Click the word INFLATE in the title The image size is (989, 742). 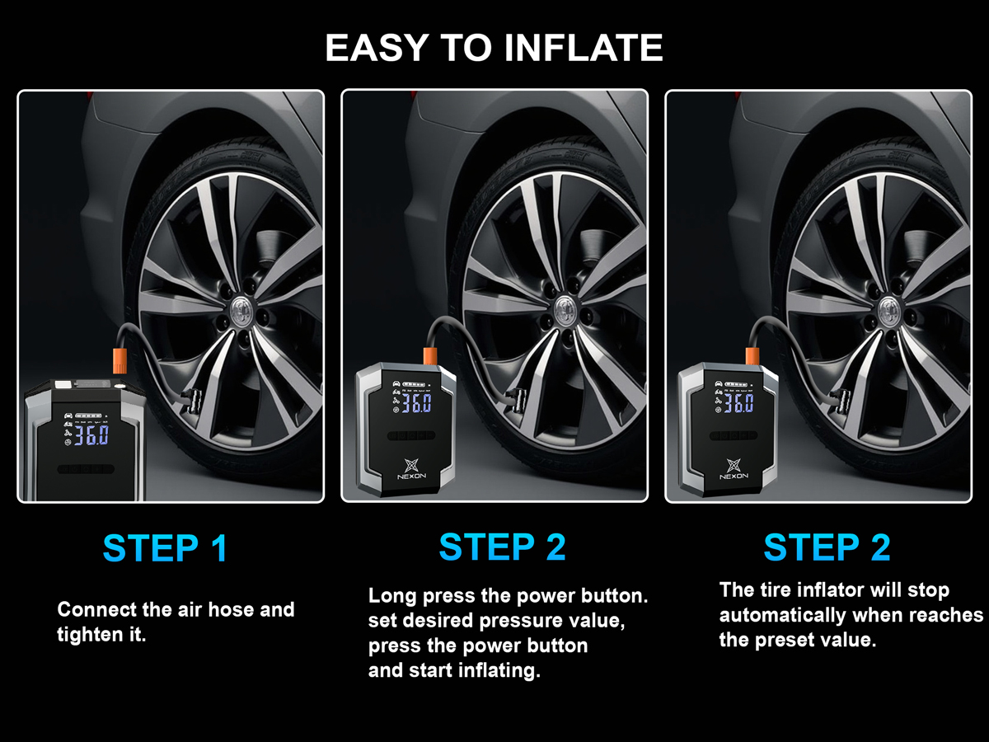point(584,47)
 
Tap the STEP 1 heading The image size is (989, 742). point(166,548)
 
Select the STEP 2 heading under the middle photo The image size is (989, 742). point(503,547)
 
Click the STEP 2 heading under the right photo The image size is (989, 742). point(827,547)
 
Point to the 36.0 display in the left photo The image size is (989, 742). point(91,435)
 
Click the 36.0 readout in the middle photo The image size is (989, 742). point(416,403)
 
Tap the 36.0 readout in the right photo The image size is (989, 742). point(738,403)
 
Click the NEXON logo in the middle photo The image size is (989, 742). point(411,469)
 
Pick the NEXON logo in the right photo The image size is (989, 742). point(734,469)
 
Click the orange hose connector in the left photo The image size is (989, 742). point(120,360)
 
